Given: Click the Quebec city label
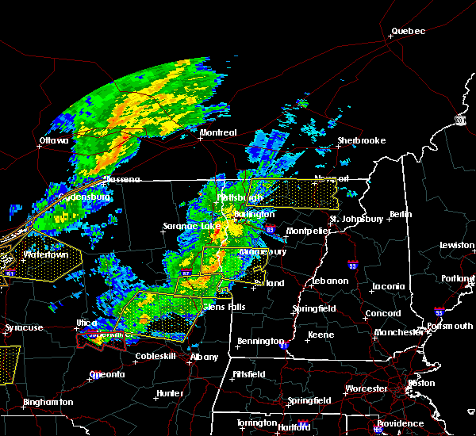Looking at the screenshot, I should click(x=408, y=32).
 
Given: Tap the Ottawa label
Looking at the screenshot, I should click(x=54, y=141).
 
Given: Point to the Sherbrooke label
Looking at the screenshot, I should click(x=361, y=140).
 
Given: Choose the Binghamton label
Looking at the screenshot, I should click(x=48, y=402).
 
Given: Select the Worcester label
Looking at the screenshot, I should click(x=367, y=388).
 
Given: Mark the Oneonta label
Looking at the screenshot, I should click(x=107, y=374).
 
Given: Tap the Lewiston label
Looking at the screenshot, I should click(x=458, y=246).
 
